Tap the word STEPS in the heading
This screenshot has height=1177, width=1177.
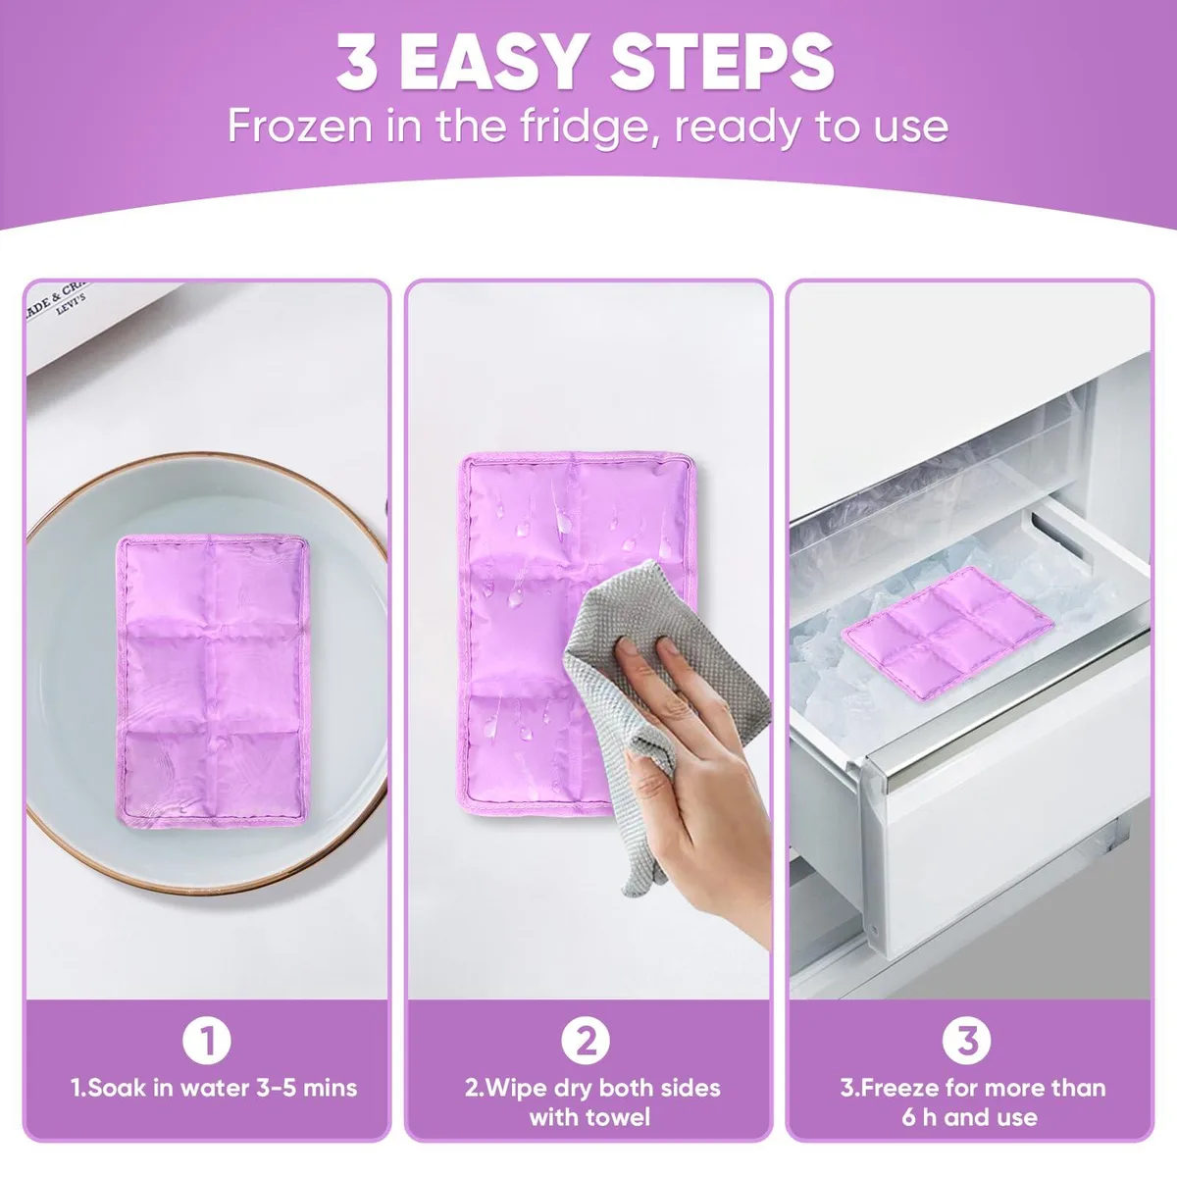point(723,64)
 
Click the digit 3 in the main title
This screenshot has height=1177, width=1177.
point(357,64)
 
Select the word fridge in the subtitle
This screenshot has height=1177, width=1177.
point(588,128)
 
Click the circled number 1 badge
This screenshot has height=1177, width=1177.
point(206,1041)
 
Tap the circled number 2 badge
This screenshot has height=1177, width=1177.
point(586,1041)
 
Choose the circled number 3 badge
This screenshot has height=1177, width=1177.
point(966,1041)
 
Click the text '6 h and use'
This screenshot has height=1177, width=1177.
point(969,1117)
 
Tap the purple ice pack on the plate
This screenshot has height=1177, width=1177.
point(212,681)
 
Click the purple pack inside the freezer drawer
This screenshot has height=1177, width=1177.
point(947,632)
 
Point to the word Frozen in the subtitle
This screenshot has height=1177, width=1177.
point(299,127)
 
